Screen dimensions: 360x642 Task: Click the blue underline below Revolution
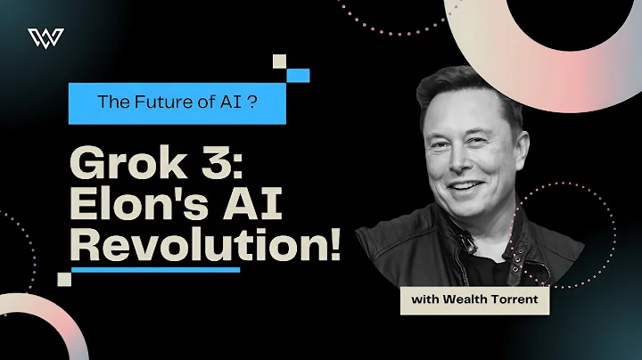tap(155, 268)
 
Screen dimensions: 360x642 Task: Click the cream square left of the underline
tap(64, 278)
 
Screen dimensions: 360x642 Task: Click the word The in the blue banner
tap(113, 102)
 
